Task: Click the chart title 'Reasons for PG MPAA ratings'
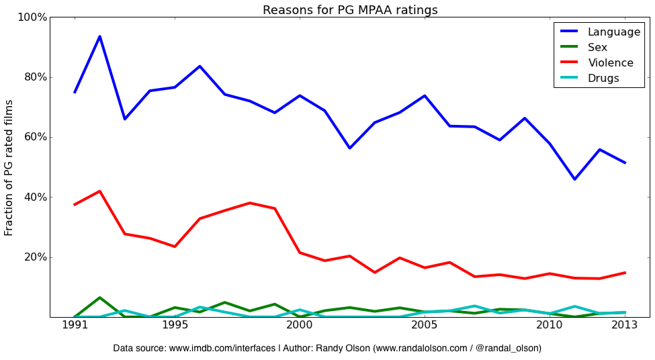[x=350, y=10]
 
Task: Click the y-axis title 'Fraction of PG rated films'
[x=9, y=167]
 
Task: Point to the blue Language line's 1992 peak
[x=99, y=36]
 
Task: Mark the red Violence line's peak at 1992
[x=99, y=191]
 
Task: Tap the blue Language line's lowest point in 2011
[x=574, y=179]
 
